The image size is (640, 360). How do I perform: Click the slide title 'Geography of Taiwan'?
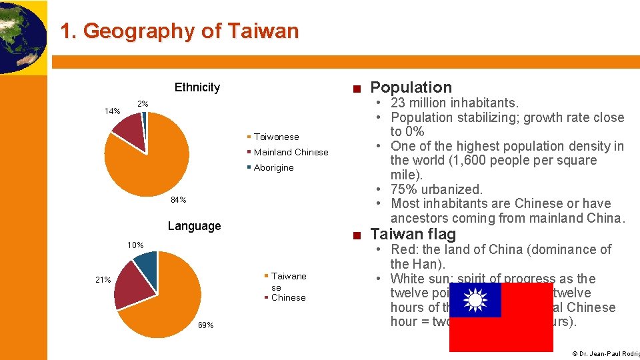click(x=179, y=31)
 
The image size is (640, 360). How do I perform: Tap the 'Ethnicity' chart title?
click(x=197, y=87)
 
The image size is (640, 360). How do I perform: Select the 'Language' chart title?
click(x=194, y=226)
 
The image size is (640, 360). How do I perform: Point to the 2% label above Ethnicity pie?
click(x=143, y=104)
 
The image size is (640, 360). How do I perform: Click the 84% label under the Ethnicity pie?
click(x=178, y=200)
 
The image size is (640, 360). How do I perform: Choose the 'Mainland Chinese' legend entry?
click(x=291, y=152)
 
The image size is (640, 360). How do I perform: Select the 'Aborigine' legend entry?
click(x=273, y=167)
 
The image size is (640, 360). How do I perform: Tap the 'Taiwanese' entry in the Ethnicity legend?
click(x=276, y=137)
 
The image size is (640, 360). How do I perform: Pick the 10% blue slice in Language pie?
click(x=146, y=265)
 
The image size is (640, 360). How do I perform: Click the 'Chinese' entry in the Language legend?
click(x=288, y=297)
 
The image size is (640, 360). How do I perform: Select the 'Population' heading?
click(x=411, y=87)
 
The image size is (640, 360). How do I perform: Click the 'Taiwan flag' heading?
click(x=413, y=234)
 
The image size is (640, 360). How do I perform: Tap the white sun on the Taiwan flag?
click(x=475, y=300)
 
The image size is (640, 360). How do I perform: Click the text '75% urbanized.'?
click(x=436, y=189)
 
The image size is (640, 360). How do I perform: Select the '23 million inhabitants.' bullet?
click(x=454, y=103)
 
